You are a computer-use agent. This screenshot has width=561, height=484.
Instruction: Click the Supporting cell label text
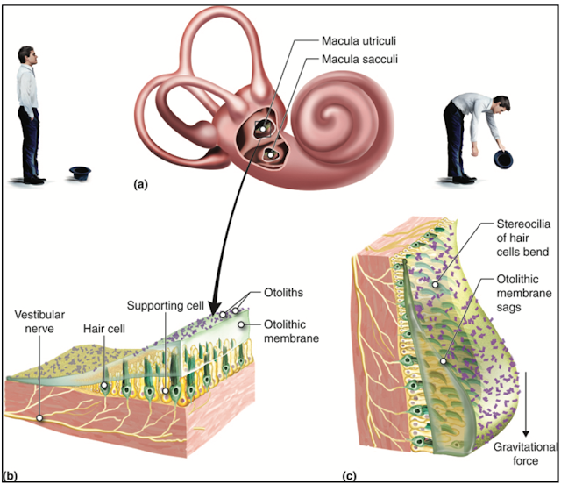point(166,307)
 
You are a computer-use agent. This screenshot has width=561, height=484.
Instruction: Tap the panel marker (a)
point(140,185)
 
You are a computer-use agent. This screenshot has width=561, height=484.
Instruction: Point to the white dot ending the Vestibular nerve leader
point(40,419)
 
